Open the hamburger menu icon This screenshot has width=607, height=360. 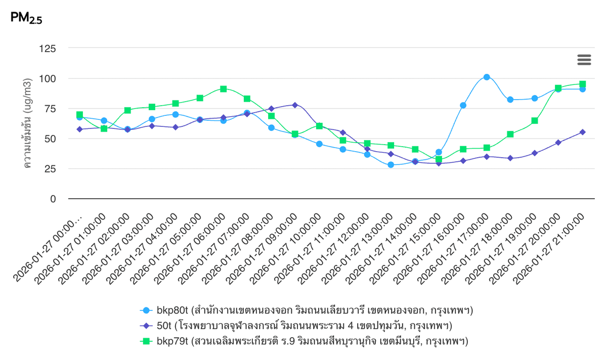[584, 60]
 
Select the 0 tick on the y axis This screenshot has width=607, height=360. [53, 199]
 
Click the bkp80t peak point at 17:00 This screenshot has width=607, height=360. [487, 77]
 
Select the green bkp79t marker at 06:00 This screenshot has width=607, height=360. [223, 89]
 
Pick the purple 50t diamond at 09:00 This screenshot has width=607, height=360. [295, 105]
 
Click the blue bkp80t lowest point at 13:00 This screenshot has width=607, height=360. [391, 165]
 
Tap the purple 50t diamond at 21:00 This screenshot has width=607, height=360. [583, 132]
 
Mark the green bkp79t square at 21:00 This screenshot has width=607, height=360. [583, 84]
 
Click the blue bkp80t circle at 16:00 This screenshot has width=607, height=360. [463, 105]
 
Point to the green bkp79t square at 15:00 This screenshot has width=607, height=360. [439, 159]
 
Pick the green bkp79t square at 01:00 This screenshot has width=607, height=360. [104, 128]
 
